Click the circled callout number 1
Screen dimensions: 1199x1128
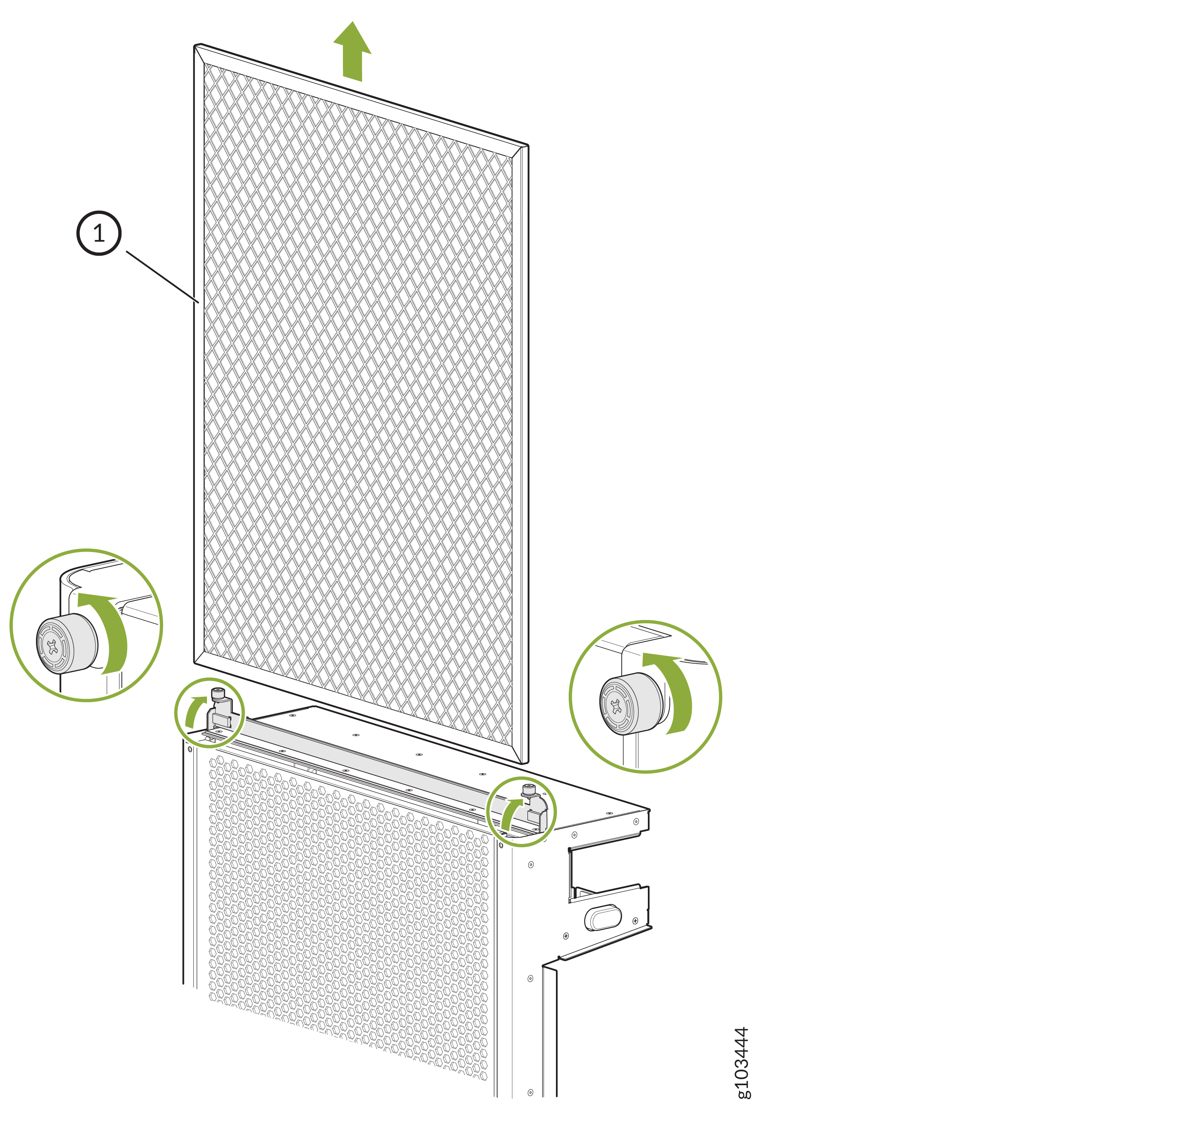coord(99,233)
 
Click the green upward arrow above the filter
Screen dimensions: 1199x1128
coord(353,52)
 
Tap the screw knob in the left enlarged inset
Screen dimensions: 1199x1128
coord(66,643)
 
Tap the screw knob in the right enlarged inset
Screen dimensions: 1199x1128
coord(631,703)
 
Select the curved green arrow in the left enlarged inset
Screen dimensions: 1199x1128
coord(115,628)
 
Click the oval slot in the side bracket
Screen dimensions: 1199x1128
coord(603,917)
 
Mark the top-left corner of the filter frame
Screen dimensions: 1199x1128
coord(195,45)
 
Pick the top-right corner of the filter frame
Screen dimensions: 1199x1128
coord(528,146)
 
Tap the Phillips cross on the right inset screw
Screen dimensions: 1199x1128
coord(616,706)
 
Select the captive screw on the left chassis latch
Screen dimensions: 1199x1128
coord(217,694)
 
